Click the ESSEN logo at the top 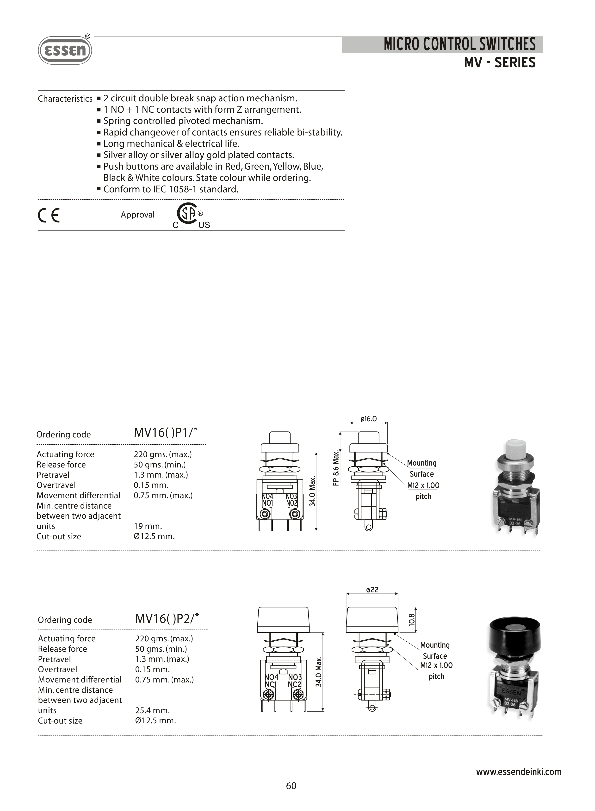(x=65, y=50)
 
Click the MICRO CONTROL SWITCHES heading (x=459, y=44)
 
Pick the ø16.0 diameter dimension (x=368, y=419)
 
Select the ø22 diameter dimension (x=372, y=590)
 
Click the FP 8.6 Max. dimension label (x=336, y=467)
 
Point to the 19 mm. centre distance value (x=148, y=526)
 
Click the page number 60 (x=291, y=786)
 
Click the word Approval (x=138, y=215)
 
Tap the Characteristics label (x=65, y=99)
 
